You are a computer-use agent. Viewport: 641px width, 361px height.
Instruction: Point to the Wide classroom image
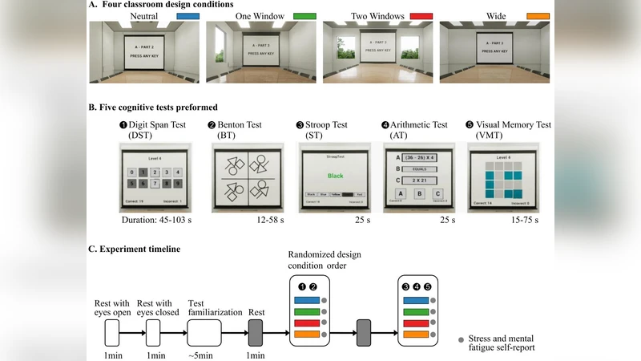(496, 52)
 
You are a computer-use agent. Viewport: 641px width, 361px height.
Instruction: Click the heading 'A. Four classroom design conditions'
(160, 5)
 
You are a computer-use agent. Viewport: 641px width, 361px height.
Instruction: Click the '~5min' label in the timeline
(203, 355)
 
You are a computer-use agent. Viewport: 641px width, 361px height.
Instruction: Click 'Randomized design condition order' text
(329, 261)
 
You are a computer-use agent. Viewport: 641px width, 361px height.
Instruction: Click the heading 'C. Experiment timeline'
(134, 249)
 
